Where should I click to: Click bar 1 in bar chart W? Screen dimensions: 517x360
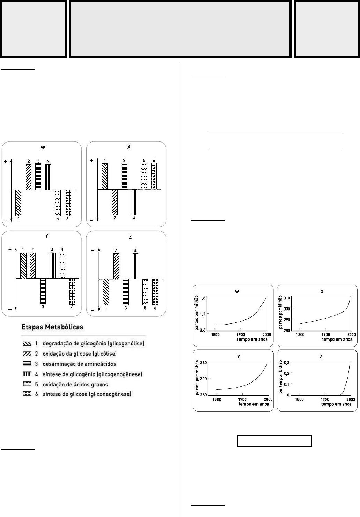pyautogui.click(x=18, y=203)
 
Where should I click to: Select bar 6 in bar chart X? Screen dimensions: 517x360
pyautogui.click(x=154, y=176)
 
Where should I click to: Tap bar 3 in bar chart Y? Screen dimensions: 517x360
pyautogui.click(x=43, y=291)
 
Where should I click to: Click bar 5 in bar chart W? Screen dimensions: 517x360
pyautogui.click(x=58, y=203)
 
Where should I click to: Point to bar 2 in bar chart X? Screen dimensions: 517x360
pyautogui.click(x=115, y=202)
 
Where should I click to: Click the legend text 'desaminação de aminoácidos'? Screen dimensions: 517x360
pyautogui.click(x=79, y=364)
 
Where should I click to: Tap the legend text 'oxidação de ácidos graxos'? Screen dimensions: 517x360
pyautogui.click(x=75, y=385)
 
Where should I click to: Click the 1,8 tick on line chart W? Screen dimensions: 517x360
pyautogui.click(x=202, y=297)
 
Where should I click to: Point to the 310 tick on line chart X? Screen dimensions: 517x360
pyautogui.click(x=287, y=298)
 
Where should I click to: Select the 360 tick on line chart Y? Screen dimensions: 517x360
pyautogui.click(x=203, y=362)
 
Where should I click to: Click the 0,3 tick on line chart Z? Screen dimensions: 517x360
pyautogui.click(x=286, y=363)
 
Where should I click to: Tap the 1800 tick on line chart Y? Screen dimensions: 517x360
pyautogui.click(x=216, y=399)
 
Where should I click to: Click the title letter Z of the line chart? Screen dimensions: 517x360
pyautogui.click(x=321, y=356)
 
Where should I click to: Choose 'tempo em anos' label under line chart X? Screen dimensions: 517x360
pyautogui.click(x=337, y=339)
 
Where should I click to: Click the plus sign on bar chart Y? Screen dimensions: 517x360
pyautogui.click(x=10, y=250)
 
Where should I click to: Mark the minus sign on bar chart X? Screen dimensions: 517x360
pyautogui.click(x=91, y=220)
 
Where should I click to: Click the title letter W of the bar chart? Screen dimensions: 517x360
pyautogui.click(x=43, y=147)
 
